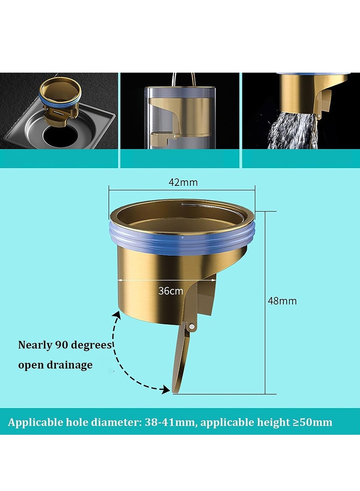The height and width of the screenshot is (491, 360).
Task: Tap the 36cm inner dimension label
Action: (x=171, y=291)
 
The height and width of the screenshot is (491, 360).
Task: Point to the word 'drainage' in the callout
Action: (x=70, y=365)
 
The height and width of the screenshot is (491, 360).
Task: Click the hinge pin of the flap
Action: (x=192, y=326)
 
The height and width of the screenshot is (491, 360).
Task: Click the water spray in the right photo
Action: (x=292, y=131)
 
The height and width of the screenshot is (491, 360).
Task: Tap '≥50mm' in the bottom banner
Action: (x=312, y=422)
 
